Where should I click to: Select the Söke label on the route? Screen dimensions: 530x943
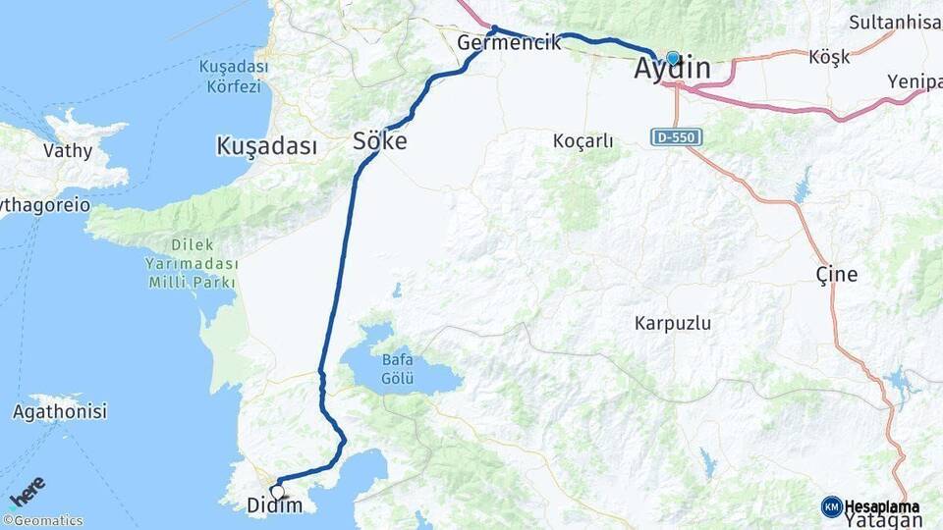380,142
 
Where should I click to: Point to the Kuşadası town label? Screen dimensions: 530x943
266,147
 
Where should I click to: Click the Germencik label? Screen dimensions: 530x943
509,42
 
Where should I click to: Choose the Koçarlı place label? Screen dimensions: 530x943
582,141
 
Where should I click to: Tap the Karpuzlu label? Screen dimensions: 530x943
673,323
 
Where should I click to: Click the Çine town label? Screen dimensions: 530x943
837,274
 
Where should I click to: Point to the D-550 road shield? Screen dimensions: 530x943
676,137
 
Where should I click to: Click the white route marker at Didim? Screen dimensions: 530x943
278,492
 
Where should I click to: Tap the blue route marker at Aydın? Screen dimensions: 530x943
673,58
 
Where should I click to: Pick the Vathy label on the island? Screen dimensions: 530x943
68,151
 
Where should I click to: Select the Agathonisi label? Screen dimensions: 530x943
59,412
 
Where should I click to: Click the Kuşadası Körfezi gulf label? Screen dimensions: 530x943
233,76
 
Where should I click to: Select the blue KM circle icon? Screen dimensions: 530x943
832,506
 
